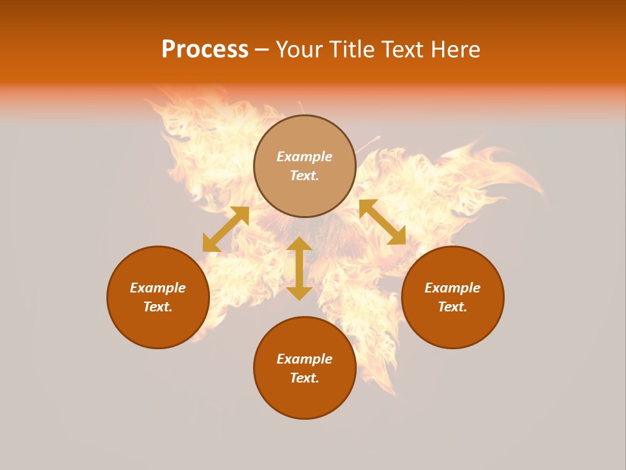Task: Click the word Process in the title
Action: point(205,50)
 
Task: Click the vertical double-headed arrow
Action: point(299,268)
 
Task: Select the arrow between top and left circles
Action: point(226,228)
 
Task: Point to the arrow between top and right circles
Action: point(382,222)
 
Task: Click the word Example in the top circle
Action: point(305,157)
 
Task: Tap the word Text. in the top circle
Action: point(305,176)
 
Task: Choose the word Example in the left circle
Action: point(158,288)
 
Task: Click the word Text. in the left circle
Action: point(158,307)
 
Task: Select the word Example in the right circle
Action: point(453,288)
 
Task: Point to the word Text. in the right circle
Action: point(453,307)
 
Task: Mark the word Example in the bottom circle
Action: point(305,359)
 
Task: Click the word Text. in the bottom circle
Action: point(305,378)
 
